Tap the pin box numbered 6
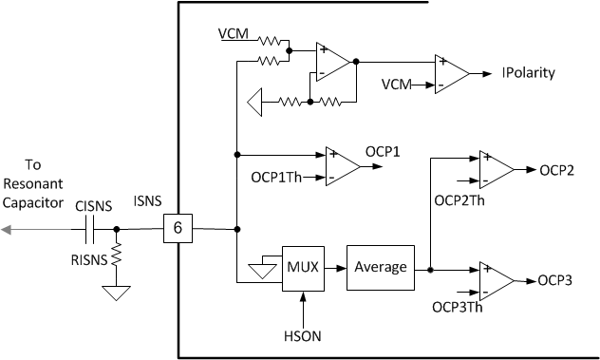[x=179, y=228]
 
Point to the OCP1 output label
[x=384, y=152]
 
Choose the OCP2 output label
[x=557, y=171]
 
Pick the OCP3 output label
[x=557, y=280]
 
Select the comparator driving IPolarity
[x=450, y=72]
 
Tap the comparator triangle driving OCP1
[x=341, y=163]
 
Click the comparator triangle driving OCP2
[x=496, y=169]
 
